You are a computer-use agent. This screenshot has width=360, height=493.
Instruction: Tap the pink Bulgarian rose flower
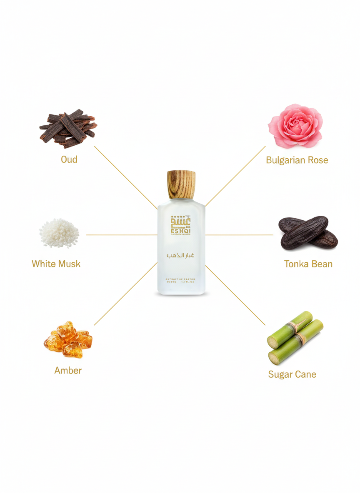pyautogui.click(x=295, y=126)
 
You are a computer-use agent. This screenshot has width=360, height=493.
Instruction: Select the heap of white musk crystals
pyautogui.click(x=59, y=233)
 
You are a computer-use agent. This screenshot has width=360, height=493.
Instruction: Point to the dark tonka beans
pyautogui.click(x=307, y=233)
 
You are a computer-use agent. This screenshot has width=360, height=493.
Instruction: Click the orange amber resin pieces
pyautogui.click(x=68, y=339)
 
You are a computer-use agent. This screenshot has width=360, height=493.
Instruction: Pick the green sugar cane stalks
pyautogui.click(x=295, y=336)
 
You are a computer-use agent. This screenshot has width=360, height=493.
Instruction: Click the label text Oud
pyautogui.click(x=69, y=160)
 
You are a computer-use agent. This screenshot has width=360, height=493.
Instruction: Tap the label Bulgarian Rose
pyautogui.click(x=297, y=160)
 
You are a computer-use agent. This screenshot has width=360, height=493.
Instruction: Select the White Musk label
pyautogui.click(x=56, y=264)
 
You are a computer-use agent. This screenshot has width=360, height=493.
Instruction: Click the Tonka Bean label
pyautogui.click(x=308, y=264)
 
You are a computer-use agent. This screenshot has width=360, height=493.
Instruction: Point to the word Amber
pyautogui.click(x=68, y=371)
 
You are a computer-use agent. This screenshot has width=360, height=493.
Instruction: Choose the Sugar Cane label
pyautogui.click(x=292, y=374)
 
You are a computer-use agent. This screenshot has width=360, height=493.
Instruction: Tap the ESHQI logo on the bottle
pyautogui.click(x=181, y=225)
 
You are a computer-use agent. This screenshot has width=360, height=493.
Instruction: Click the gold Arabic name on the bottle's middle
pyautogui.click(x=181, y=255)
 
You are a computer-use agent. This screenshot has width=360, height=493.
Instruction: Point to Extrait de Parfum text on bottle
pyautogui.click(x=181, y=278)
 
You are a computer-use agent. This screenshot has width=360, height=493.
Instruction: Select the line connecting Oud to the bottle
pyautogui.click(x=125, y=177)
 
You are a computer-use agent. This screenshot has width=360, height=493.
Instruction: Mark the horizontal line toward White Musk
pyautogui.click(x=121, y=235)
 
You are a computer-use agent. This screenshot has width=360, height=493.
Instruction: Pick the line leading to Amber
pyautogui.click(x=125, y=294)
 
